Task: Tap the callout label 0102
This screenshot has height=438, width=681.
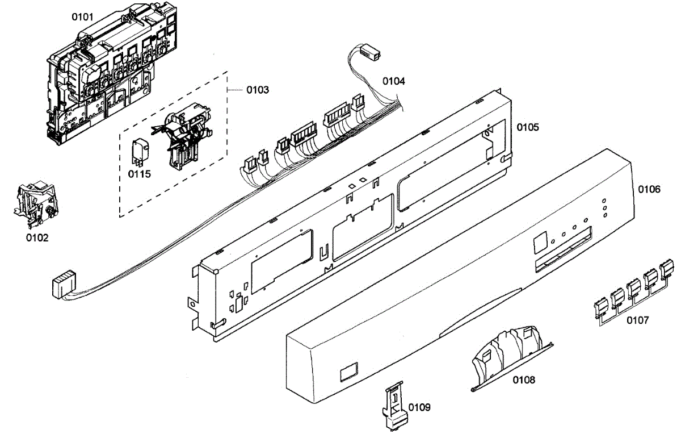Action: pos(37,237)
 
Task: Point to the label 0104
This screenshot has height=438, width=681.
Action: pos(393,81)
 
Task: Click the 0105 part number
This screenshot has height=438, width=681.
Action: pos(527,127)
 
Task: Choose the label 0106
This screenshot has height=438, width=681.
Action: pos(649,189)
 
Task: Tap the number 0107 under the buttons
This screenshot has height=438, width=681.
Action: pos(637,320)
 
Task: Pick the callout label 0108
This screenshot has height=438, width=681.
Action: pos(523,379)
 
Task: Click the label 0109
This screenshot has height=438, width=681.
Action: pos(419,407)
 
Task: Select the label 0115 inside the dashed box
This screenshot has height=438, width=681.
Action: pos(140,174)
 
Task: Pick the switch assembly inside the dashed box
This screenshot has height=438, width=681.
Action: pos(184,137)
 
